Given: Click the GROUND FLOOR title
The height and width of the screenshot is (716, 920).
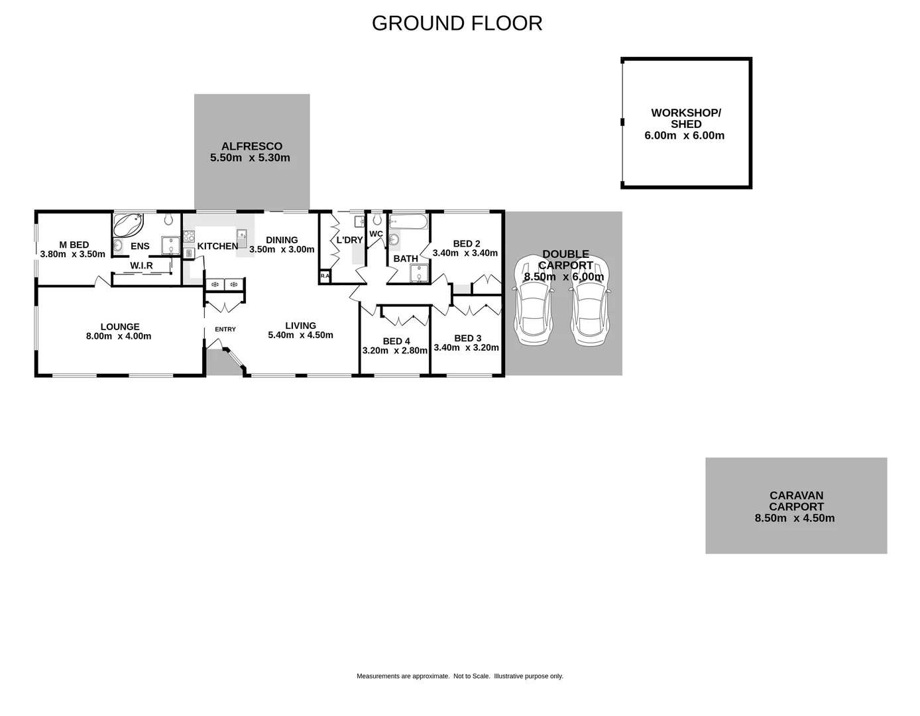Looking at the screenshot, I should coord(457,23).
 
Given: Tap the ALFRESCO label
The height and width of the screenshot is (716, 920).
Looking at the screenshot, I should coord(251,147).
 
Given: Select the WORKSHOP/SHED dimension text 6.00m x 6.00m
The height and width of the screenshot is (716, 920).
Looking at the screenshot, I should coord(684,136).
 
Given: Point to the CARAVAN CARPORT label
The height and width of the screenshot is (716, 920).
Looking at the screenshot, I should coord(796,501).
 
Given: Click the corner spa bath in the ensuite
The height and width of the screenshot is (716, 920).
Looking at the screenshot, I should coord(128,225).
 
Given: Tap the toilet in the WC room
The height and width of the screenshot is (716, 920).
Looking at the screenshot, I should coord(377,219).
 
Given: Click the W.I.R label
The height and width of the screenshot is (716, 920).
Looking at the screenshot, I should coord(141,266).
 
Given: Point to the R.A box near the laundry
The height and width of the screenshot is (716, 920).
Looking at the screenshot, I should coord(325,276).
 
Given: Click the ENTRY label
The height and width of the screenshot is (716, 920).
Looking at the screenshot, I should coord(225,329).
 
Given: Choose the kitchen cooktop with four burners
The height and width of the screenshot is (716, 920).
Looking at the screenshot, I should coord(188,235).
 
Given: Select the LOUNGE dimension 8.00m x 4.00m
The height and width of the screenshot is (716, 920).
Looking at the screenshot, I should coord(119,336).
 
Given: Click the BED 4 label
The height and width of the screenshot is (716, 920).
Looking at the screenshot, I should coord(396,341).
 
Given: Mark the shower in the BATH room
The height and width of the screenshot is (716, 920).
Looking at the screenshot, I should coord(419,273).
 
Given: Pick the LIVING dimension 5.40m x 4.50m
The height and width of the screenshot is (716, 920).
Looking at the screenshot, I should coord(300,335).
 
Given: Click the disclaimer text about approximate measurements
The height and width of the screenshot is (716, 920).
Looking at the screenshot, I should coord(459,676).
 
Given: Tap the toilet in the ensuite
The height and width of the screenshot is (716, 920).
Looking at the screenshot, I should coord(168,219).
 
